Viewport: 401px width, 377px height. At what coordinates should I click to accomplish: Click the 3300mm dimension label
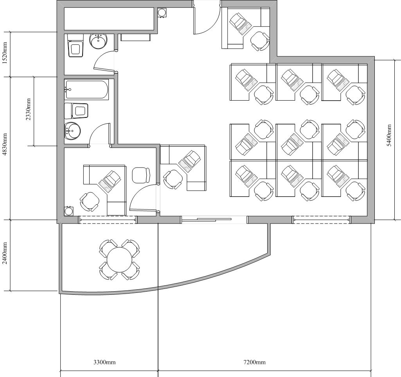[x=104, y=362]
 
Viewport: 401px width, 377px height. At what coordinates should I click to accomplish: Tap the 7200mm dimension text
[x=254, y=362]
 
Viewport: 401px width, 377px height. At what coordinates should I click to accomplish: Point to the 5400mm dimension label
[x=389, y=135]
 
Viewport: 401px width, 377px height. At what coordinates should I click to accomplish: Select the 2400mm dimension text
[x=4, y=254]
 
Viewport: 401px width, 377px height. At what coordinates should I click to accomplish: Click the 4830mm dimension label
[x=4, y=144]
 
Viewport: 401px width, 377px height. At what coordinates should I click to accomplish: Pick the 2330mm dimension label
[x=28, y=110]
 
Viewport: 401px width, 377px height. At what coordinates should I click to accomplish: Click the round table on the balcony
[x=119, y=259]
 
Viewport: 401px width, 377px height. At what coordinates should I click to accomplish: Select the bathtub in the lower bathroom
[x=87, y=89]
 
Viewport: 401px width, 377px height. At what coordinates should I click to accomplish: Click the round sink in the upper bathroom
[x=98, y=41]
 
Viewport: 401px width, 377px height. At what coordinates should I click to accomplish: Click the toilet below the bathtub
[x=76, y=111]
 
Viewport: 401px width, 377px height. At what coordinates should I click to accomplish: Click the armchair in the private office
[x=141, y=175]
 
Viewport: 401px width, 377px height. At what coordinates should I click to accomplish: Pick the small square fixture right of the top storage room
[x=162, y=12]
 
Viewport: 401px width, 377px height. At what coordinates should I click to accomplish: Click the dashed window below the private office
[x=108, y=220]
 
